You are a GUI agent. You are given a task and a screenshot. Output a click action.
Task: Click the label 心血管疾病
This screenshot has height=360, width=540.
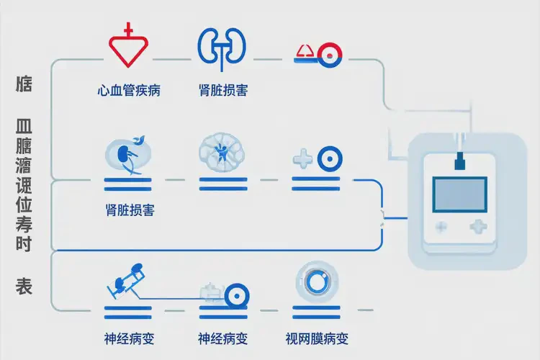pos(129,91)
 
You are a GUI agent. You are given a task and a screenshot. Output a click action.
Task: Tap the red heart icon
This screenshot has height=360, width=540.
pos(129,48)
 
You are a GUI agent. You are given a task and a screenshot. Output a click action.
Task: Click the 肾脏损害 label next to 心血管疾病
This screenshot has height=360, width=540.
pos(223,91)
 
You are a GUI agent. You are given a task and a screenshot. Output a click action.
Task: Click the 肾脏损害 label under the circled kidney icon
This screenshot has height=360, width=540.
pos(129,211)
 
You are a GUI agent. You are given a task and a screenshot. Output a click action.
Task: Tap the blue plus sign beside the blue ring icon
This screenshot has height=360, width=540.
pos(303,158)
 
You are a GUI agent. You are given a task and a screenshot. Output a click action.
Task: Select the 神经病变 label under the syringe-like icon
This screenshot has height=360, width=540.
pos(129,338)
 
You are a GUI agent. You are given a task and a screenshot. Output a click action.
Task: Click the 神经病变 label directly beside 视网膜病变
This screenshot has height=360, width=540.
pos(223,338)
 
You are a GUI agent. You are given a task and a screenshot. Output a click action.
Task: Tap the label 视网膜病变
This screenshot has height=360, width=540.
pos(317,338)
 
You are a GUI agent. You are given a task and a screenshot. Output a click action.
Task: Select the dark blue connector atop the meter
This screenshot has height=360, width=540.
pos(458,162)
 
